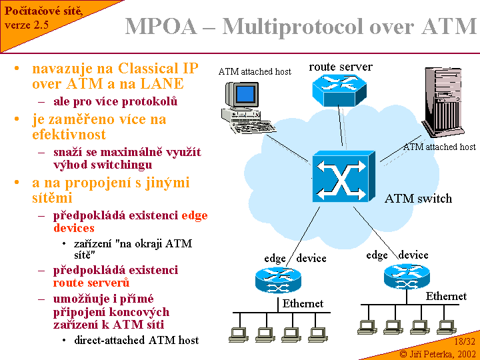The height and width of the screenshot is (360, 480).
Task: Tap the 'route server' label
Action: [341, 67]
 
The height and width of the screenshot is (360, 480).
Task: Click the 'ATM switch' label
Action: [418, 199]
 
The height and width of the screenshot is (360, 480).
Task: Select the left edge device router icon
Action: [278, 279]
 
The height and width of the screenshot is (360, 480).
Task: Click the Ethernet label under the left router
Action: [303, 304]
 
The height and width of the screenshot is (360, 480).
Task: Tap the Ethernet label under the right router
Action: [446, 296]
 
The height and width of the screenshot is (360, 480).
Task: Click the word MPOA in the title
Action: [161, 27]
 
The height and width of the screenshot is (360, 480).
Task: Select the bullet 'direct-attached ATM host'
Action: [136, 340]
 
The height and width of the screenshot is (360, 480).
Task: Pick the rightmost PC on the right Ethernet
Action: [443, 326]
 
